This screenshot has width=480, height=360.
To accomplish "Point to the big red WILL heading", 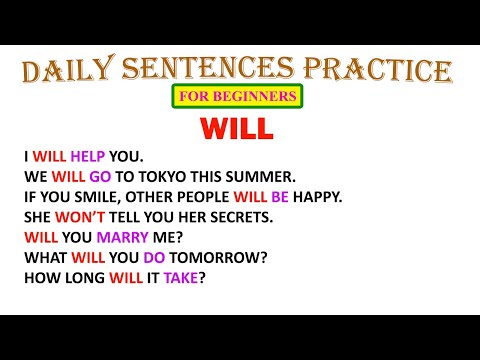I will tap(239, 129).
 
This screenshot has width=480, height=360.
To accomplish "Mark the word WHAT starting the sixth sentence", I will tap(44, 257).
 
